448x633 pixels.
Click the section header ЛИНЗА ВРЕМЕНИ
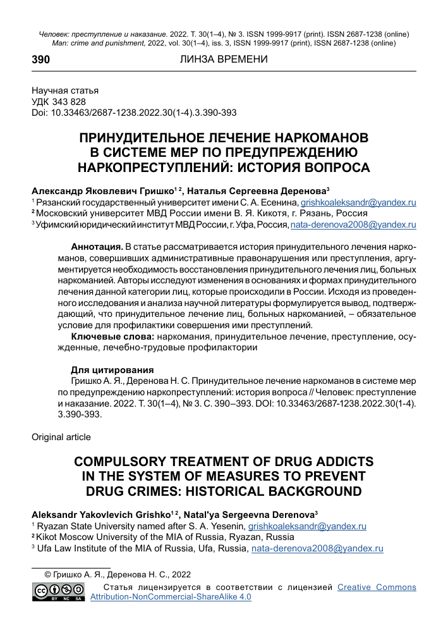(224, 59)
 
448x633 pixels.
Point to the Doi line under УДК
(134, 113)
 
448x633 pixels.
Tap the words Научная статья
(65, 91)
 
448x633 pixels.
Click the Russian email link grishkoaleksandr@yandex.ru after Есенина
(358, 203)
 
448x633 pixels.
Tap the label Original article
(61, 437)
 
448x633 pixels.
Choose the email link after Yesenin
(307, 526)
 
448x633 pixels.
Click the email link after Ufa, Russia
(317, 548)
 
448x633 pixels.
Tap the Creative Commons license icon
(60, 592)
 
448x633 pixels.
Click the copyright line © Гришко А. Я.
(116, 574)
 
